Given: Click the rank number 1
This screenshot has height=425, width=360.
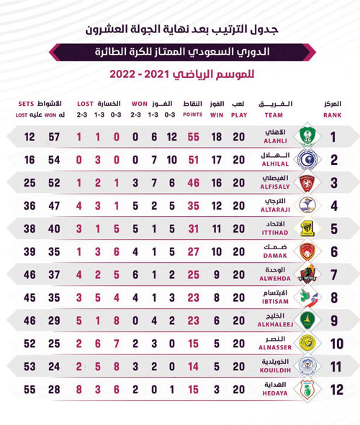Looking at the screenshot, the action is pyautogui.click(x=333, y=138).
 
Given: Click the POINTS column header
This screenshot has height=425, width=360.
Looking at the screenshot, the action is pyautogui.click(x=192, y=109).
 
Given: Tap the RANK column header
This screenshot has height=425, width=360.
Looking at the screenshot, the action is pyautogui.click(x=332, y=109).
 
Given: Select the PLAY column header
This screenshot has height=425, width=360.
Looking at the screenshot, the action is pyautogui.click(x=240, y=109).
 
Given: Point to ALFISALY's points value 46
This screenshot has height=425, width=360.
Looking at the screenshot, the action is pyautogui.click(x=192, y=184).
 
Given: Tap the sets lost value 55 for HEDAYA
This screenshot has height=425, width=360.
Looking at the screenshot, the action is pyautogui.click(x=30, y=390).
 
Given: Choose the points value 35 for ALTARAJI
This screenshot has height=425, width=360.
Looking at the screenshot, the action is pyautogui.click(x=192, y=206).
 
